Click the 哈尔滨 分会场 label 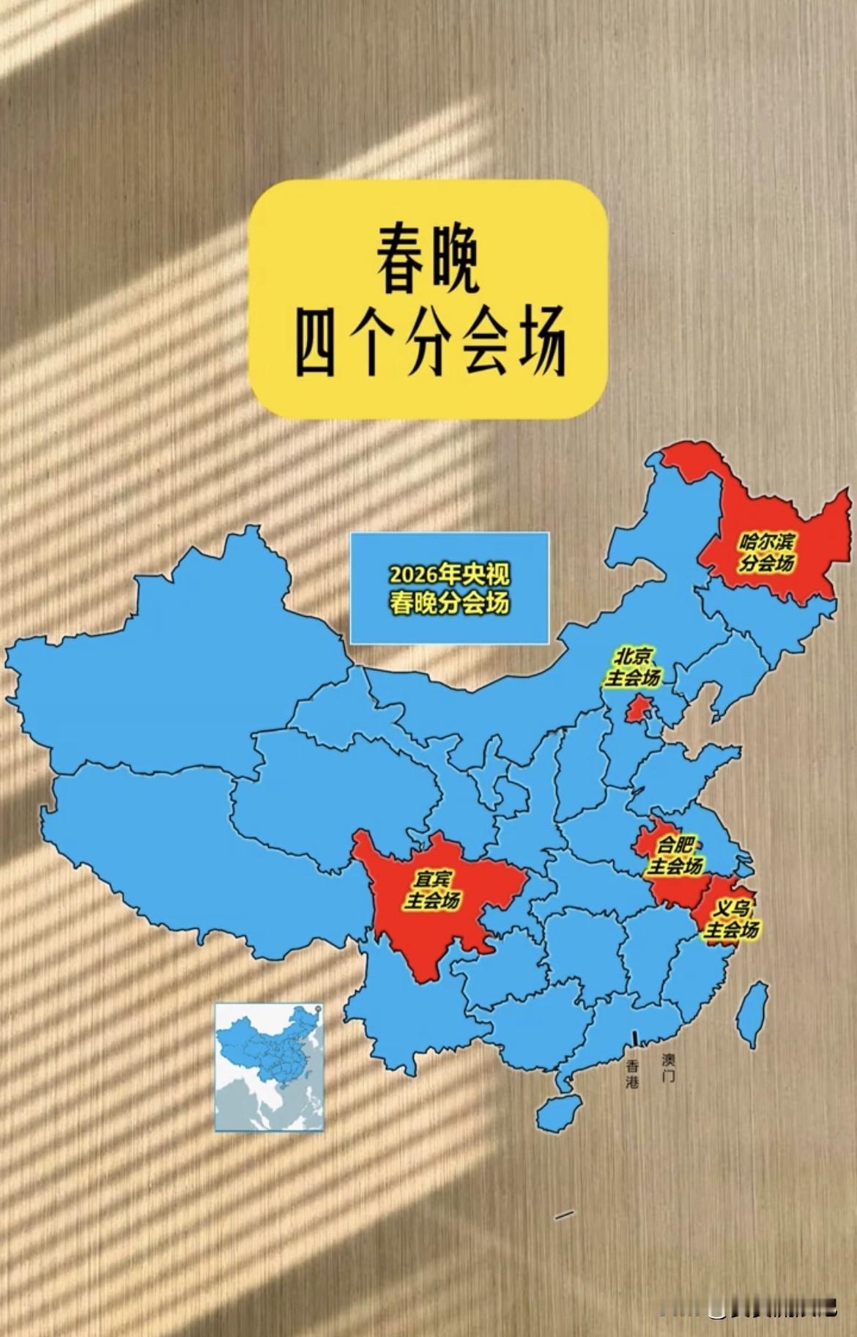pyautogui.click(x=766, y=553)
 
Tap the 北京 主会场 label pyautogui.click(x=633, y=666)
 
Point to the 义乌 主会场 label pyautogui.click(x=731, y=920)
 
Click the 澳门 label pyautogui.click(x=668, y=1068)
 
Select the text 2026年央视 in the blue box pyautogui.click(x=448, y=574)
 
